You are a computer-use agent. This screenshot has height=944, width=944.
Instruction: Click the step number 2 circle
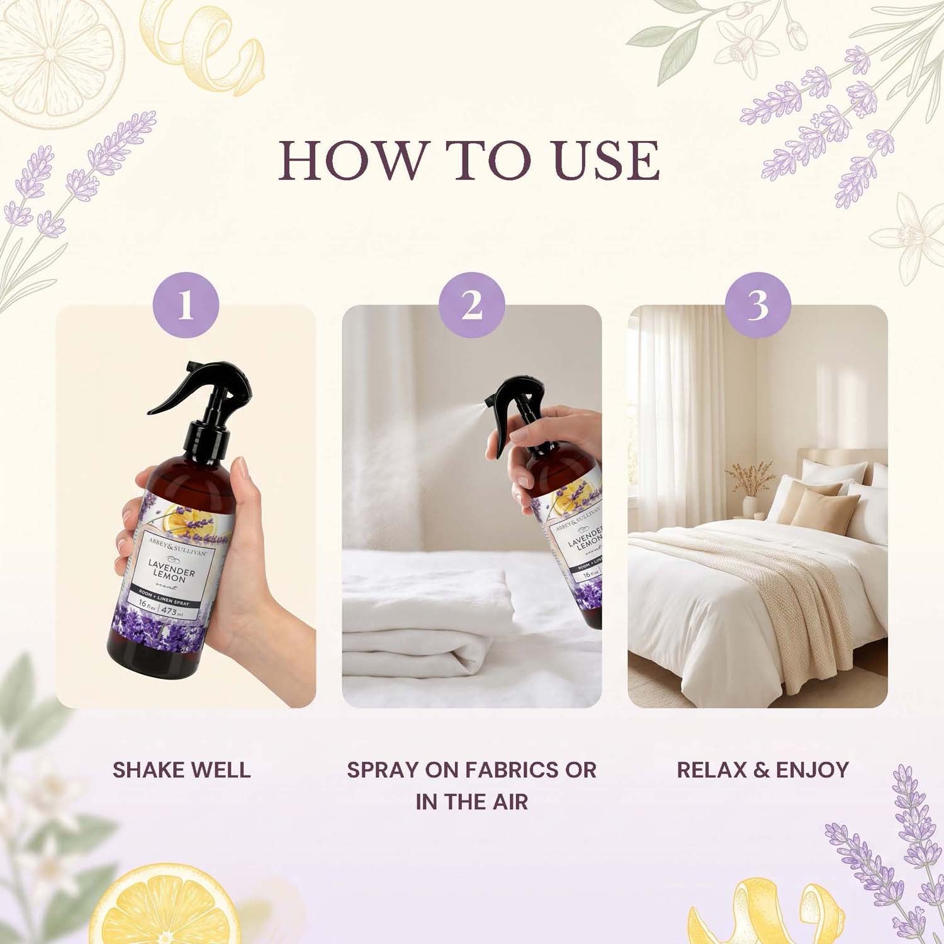[x=472, y=305]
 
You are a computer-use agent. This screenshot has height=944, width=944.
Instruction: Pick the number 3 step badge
[x=758, y=305]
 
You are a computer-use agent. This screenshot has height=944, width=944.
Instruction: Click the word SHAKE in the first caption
[x=149, y=770]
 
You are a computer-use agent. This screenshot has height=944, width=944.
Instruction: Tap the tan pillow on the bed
[x=824, y=509]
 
